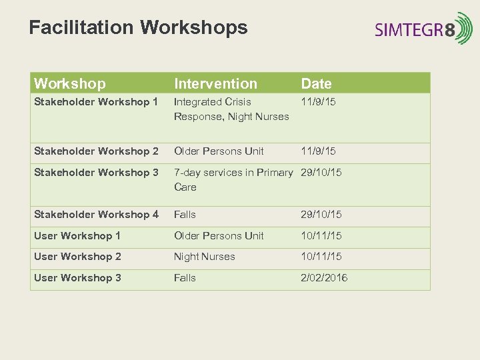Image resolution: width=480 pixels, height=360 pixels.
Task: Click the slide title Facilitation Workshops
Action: (138, 28)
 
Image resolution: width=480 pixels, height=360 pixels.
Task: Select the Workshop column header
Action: (69, 83)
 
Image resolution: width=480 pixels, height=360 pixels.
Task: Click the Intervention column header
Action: (215, 83)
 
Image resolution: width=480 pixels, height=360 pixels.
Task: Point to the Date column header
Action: (316, 83)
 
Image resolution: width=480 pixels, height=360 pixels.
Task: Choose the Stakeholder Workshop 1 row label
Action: (96, 102)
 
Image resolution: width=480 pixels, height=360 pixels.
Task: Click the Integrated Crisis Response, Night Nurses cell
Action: (231, 109)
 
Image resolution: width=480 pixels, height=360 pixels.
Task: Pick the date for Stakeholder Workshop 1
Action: (319, 102)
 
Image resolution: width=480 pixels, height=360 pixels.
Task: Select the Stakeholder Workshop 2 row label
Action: (96, 151)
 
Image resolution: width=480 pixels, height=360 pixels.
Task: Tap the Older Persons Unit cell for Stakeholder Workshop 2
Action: (219, 151)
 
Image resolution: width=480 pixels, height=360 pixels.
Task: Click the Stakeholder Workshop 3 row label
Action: (96, 173)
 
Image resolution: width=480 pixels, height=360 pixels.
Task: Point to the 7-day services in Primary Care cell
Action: (233, 180)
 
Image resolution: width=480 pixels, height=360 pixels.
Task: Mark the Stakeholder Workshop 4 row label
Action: (96, 215)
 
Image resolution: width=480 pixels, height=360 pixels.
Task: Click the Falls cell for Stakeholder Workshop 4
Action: (185, 215)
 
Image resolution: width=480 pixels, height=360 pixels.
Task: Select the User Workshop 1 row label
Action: (77, 236)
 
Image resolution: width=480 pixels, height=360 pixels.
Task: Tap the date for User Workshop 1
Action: (321, 236)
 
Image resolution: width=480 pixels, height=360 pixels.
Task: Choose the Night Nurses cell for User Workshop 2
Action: (204, 257)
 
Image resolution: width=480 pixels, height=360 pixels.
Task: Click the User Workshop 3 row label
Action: (77, 278)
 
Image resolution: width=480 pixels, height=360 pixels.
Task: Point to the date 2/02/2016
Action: (324, 278)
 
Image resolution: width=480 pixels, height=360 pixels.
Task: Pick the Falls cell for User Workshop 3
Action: (185, 278)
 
